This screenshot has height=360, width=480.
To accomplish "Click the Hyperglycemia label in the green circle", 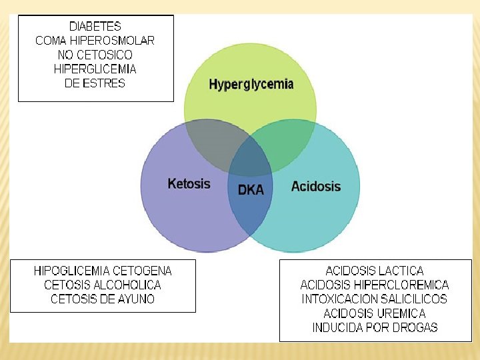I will (x=251, y=84).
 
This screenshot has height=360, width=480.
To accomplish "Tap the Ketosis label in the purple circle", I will (x=189, y=183).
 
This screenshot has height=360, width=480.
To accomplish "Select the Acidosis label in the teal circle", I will (x=315, y=186).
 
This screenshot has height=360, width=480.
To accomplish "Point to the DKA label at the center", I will (x=251, y=189).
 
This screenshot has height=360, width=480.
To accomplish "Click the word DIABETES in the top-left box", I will (x=95, y=27).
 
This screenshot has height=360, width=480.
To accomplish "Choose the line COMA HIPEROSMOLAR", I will (x=95, y=41).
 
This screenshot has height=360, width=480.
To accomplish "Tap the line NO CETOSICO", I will (x=95, y=55).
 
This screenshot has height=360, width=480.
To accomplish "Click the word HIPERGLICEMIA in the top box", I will (x=95, y=69).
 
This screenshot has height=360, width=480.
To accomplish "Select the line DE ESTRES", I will (x=95, y=83).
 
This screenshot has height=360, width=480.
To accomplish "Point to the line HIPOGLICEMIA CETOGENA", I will (x=103, y=271).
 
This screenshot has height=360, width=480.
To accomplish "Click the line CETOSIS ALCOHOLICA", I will (x=103, y=285).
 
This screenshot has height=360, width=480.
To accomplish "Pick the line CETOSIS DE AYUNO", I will (x=103, y=299).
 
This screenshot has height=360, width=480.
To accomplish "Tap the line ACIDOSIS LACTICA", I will (x=374, y=271).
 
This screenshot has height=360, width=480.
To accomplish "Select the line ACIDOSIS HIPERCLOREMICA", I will (x=374, y=285).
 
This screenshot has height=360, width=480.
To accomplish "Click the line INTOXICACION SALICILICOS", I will (x=374, y=299).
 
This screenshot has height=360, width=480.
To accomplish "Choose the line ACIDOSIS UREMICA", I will (x=374, y=313).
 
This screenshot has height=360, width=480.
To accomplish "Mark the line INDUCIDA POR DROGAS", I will (x=374, y=327).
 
